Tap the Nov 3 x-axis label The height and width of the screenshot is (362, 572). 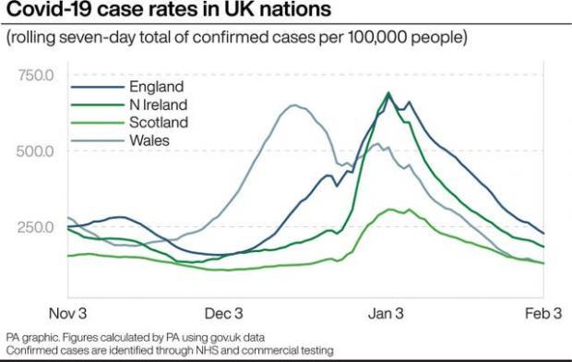click(68, 311)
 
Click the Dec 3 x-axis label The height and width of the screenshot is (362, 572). click(223, 311)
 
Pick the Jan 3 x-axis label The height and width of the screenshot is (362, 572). click(387, 311)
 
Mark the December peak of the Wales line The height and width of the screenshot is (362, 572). click(295, 105)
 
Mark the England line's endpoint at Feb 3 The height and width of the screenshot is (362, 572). click(543, 234)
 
